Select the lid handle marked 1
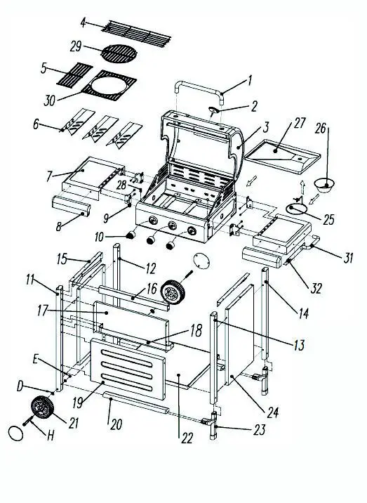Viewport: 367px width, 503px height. point(196,89)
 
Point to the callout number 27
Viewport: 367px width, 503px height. point(300,123)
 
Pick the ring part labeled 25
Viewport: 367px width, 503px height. point(298,209)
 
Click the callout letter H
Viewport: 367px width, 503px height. point(49,436)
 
